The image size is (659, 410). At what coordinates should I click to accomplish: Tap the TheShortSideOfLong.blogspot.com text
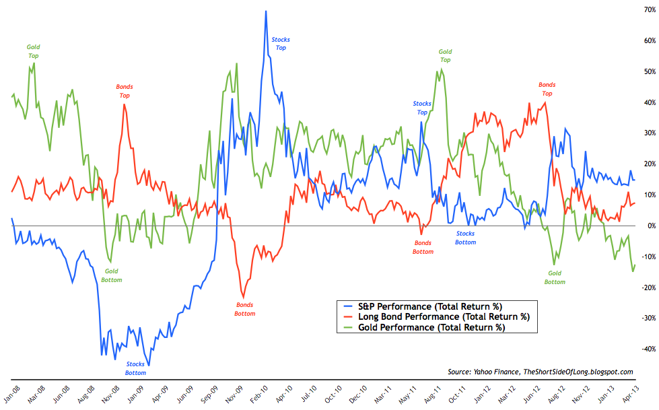577,372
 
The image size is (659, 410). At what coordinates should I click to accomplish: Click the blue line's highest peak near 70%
266,11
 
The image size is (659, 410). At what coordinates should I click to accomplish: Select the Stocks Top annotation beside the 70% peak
281,44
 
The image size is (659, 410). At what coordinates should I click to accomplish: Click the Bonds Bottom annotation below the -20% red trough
244,309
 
